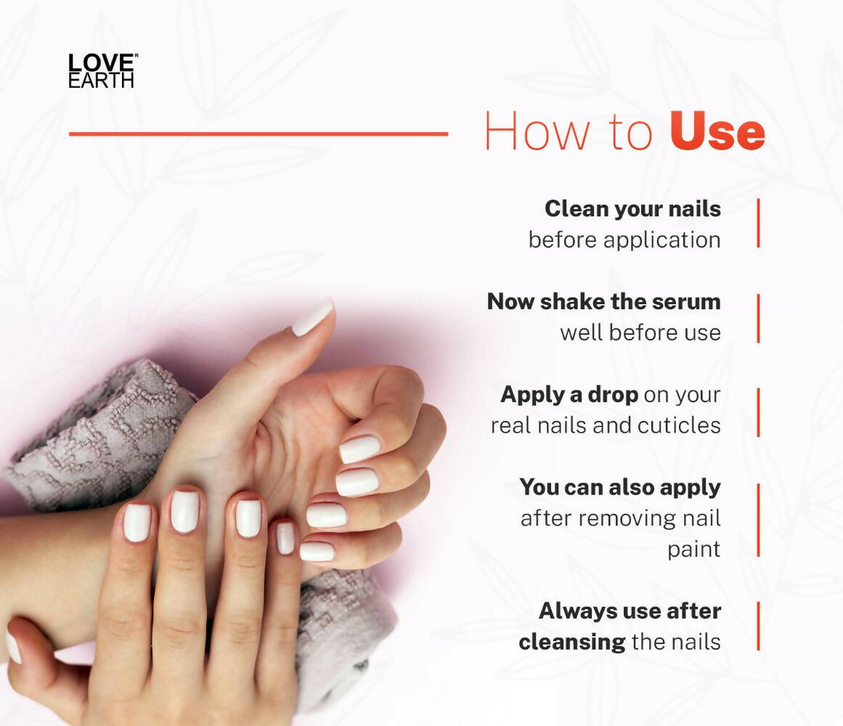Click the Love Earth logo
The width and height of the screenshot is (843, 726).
point(102,70)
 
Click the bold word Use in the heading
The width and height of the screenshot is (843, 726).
point(717,131)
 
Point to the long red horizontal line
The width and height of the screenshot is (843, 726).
point(258,134)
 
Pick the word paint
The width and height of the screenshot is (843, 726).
point(693,549)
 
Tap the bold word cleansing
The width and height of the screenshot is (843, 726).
point(572,643)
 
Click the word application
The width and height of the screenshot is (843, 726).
point(661,240)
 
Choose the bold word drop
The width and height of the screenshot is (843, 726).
point(612,395)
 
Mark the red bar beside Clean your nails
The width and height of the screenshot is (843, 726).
point(759,223)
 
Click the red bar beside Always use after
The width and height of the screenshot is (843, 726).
point(759,626)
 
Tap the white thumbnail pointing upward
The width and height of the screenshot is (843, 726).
point(313,317)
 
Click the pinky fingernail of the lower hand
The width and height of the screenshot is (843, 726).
point(285,538)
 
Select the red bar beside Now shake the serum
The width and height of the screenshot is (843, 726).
point(759,318)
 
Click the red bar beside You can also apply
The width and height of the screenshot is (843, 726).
point(759,520)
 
